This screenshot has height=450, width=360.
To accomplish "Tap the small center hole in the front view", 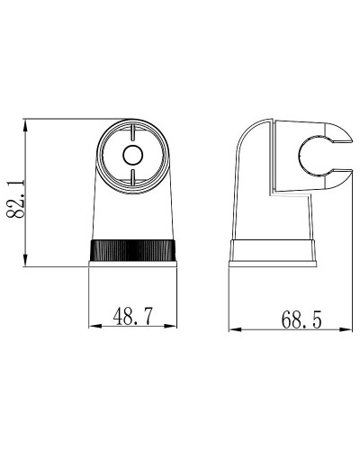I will (132, 154).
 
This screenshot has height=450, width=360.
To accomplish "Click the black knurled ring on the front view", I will (133, 251).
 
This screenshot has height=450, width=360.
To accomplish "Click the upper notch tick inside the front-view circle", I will (132, 129).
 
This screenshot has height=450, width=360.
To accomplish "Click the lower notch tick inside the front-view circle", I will (132, 182).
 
